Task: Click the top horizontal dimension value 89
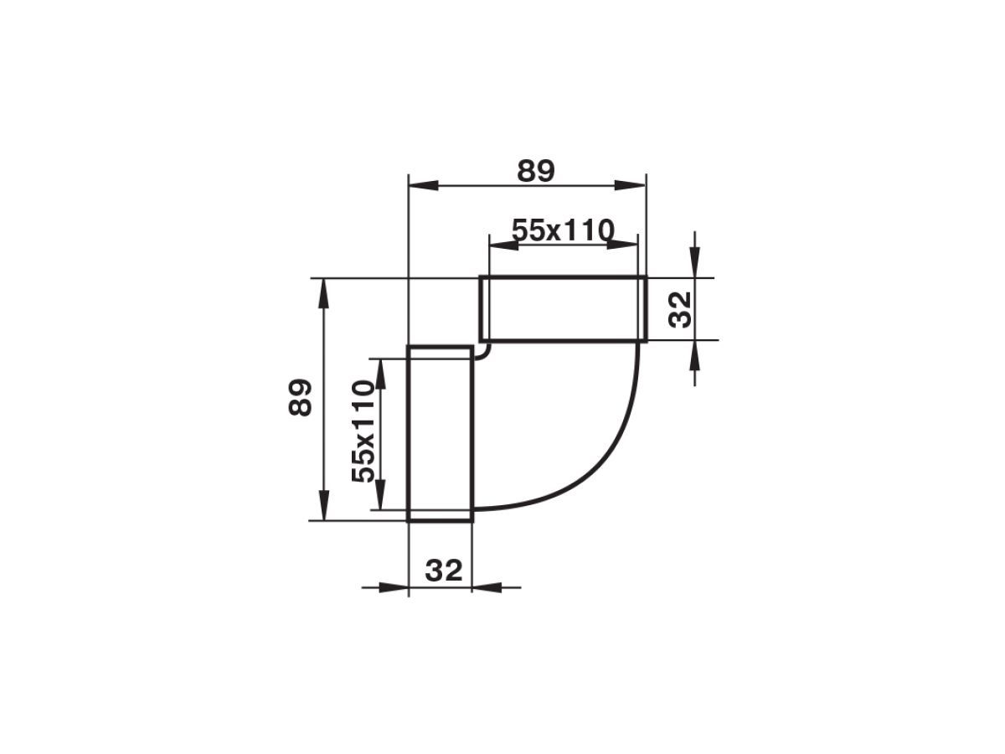[535, 171]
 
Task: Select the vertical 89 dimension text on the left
[300, 397]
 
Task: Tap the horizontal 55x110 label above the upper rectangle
[562, 230]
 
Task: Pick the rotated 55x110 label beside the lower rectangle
[363, 431]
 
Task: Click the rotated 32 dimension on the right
[679, 310]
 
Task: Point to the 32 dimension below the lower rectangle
[443, 571]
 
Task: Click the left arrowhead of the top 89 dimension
[423, 185]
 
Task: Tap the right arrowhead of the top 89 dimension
[631, 185]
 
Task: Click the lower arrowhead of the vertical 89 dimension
[324, 505]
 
